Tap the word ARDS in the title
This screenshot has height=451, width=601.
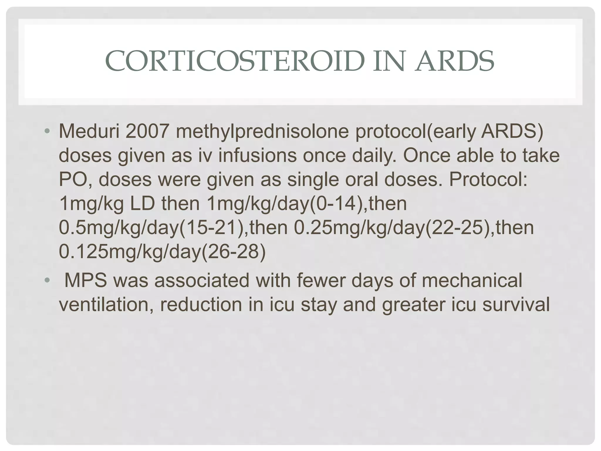(x=454, y=61)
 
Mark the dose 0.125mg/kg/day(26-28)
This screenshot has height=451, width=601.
(x=162, y=251)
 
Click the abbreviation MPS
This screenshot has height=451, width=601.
(x=86, y=280)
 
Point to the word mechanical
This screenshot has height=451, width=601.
(x=472, y=280)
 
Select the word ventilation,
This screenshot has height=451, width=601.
(x=107, y=304)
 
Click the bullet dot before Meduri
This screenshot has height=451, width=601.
(x=47, y=131)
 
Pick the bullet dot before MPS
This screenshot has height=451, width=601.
(x=47, y=280)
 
